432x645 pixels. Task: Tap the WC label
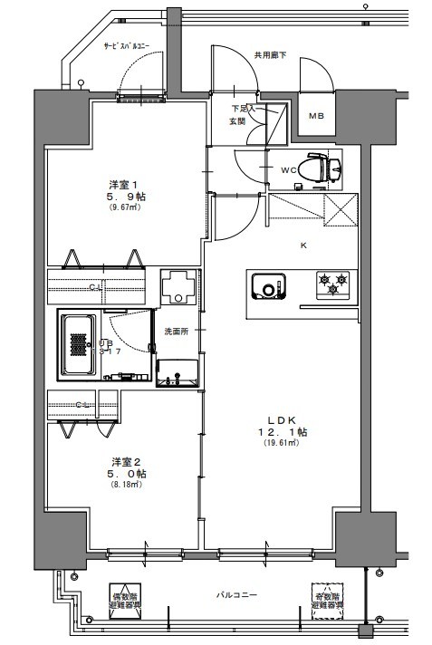point(289,169)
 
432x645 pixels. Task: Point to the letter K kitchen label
point(303,245)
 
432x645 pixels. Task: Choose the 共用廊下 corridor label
point(271,54)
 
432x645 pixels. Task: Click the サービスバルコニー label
point(128,44)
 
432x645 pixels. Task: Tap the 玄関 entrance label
point(237,122)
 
